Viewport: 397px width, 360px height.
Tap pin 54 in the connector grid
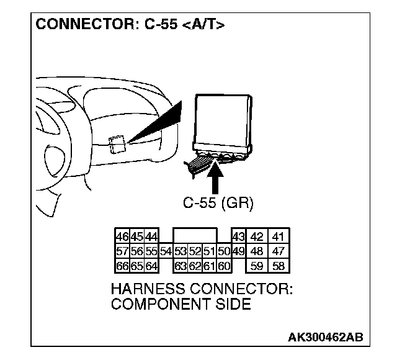tap(166, 251)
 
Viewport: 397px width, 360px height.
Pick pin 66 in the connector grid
tap(122, 266)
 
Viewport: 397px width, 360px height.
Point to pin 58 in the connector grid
tap(277, 266)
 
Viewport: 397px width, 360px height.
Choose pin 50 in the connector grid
tap(225, 251)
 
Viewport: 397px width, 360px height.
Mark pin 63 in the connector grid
tap(181, 266)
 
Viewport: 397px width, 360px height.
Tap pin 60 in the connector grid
tap(225, 266)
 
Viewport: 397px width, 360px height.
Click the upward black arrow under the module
tap(215, 177)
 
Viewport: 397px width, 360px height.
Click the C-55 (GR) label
tap(218, 203)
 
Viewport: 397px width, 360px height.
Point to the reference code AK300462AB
tap(325, 337)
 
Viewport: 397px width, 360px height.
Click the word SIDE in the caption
tap(236, 304)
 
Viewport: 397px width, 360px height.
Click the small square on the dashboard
tap(116, 144)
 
